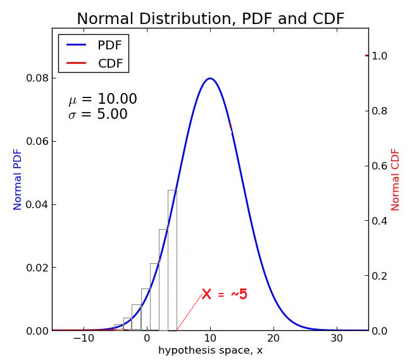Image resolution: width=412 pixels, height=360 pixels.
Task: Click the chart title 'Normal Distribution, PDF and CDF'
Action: (x=210, y=18)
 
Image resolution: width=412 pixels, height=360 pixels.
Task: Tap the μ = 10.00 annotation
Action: (x=103, y=99)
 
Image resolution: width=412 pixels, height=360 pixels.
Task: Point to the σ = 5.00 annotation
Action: (x=98, y=115)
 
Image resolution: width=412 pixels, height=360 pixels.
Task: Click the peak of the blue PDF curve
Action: (x=210, y=78)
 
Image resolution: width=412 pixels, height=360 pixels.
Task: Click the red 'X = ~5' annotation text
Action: (x=225, y=294)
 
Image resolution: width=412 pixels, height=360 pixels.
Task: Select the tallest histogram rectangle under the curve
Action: (x=172, y=259)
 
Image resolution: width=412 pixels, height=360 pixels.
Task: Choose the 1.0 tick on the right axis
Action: (x=380, y=56)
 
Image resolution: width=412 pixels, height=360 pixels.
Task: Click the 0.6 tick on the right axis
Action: (x=380, y=166)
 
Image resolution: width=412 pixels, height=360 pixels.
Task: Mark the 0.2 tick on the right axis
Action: (x=380, y=276)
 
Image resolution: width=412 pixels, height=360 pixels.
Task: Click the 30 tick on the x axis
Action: (x=337, y=338)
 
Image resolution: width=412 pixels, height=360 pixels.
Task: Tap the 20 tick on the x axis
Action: (x=273, y=338)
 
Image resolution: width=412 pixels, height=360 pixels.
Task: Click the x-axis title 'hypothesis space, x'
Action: (x=210, y=351)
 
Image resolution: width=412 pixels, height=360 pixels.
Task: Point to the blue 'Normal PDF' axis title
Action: (x=18, y=180)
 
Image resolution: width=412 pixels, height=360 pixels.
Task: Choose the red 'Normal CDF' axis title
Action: (x=396, y=180)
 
